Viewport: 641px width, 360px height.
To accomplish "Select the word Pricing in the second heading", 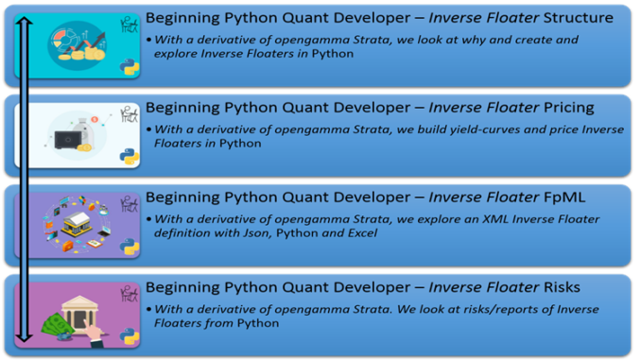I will (x=563, y=107).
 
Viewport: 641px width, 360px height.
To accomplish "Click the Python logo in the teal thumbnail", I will (x=130, y=67).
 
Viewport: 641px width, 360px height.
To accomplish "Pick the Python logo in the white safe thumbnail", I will (x=130, y=157).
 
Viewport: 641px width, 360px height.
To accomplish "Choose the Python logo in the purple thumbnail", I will (x=130, y=247).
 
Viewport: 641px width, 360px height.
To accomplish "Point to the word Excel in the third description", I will (x=357, y=233).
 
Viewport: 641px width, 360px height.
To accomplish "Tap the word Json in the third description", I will (x=249, y=233).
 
